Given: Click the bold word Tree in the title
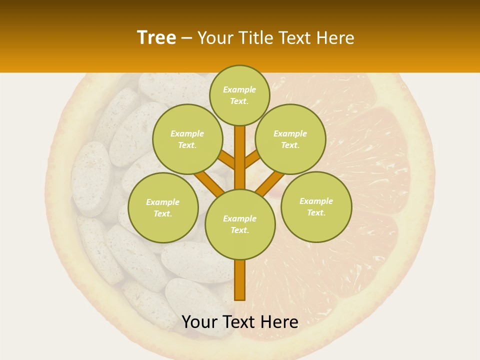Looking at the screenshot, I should pyautogui.click(x=156, y=38).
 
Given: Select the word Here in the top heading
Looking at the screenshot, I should pyautogui.click(x=335, y=38).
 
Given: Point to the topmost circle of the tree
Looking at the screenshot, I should pyautogui.click(x=239, y=95).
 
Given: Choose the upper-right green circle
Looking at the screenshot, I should pyautogui.click(x=290, y=139).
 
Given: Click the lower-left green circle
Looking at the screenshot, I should pyautogui.click(x=163, y=207).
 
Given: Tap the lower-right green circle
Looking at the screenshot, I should pyautogui.click(x=316, y=206).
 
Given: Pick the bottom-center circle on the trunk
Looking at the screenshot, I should pyautogui.click(x=240, y=224).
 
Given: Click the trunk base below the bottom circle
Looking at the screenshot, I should pyautogui.click(x=240, y=280).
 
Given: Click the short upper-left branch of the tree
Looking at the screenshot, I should pyautogui.click(x=226, y=159).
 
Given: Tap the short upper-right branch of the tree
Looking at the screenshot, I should pyautogui.click(x=252, y=159).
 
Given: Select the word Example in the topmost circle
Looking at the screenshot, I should pyautogui.click(x=239, y=89).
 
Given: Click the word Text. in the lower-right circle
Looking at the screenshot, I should pyautogui.click(x=316, y=212).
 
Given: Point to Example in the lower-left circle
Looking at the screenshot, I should pyautogui.click(x=163, y=202).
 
